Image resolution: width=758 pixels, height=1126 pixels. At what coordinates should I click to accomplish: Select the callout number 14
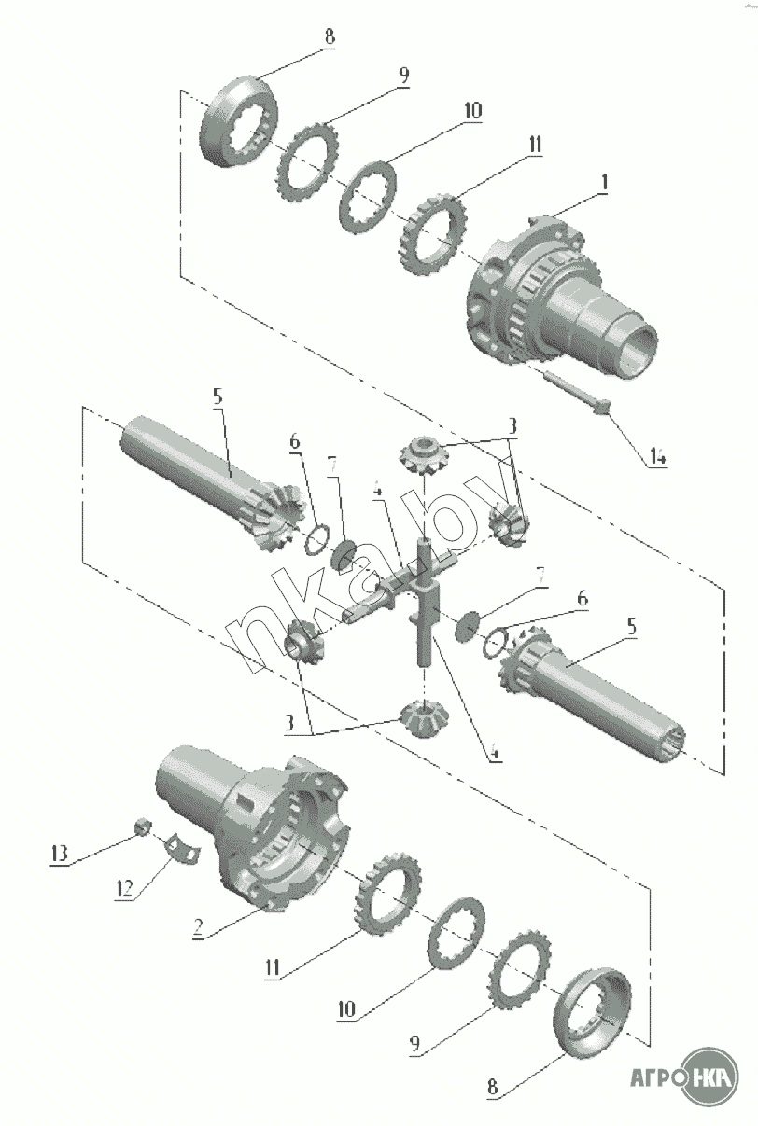(x=657, y=457)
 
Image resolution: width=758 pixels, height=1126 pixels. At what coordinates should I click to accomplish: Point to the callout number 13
(x=60, y=853)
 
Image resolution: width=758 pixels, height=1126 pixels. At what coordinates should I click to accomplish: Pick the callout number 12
(x=124, y=888)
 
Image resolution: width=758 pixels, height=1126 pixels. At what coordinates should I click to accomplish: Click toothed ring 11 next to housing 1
(x=436, y=234)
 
